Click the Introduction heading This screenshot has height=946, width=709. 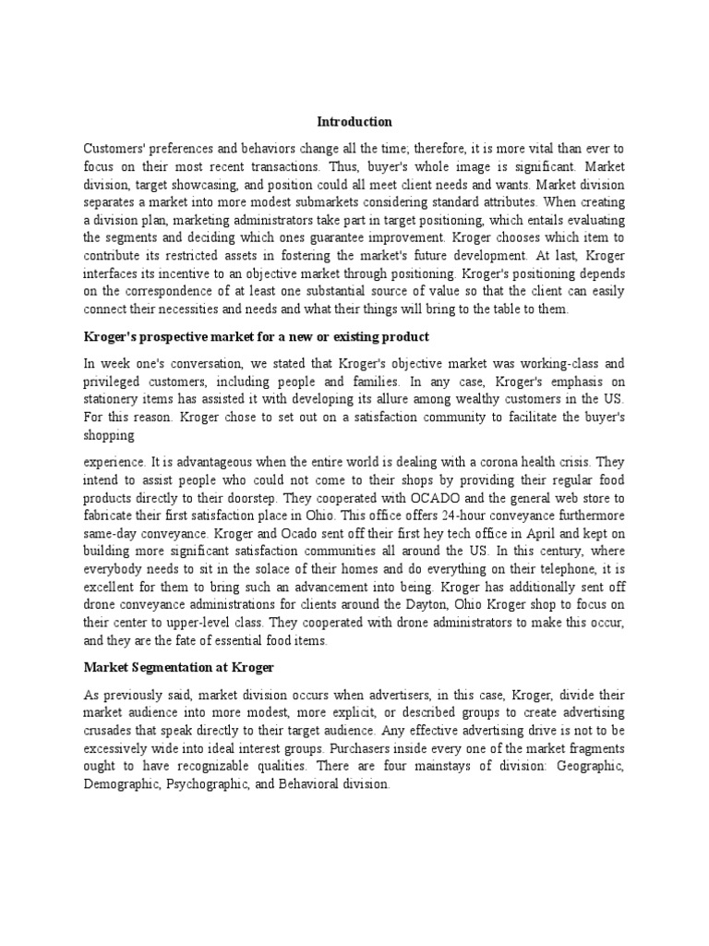[354, 121]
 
